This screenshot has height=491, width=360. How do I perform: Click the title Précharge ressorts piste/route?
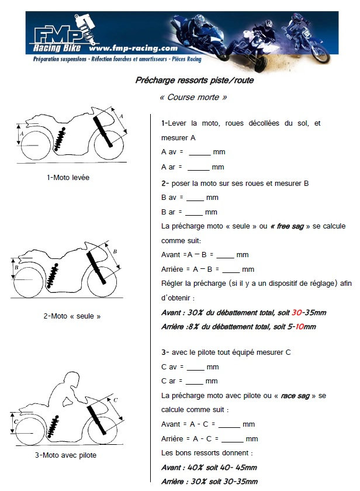coord(194,80)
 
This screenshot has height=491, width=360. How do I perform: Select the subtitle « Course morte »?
coord(193,97)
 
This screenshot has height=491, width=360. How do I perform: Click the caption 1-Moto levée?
coord(68,177)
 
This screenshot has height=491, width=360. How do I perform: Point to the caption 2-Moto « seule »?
coord(72,316)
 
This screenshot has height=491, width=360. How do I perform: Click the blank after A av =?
coord(199,153)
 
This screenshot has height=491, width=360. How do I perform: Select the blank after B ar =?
coord(193,212)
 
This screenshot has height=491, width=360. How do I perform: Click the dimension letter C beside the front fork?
coord(116,400)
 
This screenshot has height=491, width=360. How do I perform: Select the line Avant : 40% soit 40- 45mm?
coord(209,468)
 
